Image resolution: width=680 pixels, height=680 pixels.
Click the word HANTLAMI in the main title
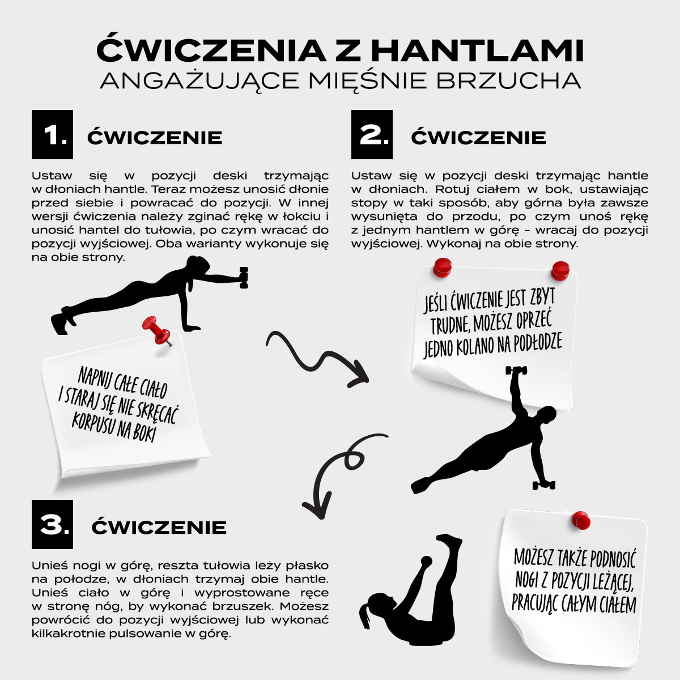[x=477, y=50]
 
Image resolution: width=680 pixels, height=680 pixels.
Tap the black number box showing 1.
[x=52, y=134]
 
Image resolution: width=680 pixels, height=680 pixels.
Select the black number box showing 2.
[x=372, y=134]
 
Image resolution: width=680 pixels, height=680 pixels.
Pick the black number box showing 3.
[x=52, y=524]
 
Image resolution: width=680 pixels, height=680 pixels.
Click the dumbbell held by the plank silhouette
[x=244, y=277]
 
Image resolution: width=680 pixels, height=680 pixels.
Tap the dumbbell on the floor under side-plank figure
[x=543, y=484]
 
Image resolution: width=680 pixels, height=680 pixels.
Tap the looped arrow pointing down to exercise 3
[x=334, y=470]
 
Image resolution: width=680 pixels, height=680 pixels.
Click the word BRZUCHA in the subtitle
[x=509, y=80]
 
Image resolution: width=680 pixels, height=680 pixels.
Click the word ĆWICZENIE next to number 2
[x=478, y=137]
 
